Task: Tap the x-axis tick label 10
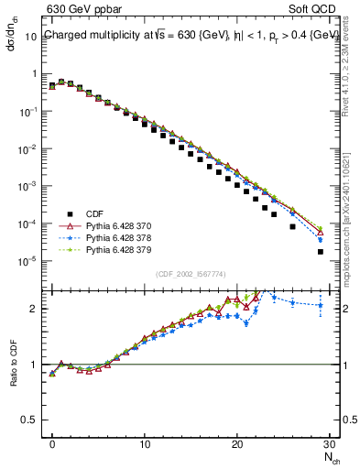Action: click(145, 446)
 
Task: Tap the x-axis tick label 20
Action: click(237, 446)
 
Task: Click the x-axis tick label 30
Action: click(329, 446)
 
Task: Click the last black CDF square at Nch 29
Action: click(320, 252)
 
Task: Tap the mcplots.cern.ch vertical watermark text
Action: click(351, 220)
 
